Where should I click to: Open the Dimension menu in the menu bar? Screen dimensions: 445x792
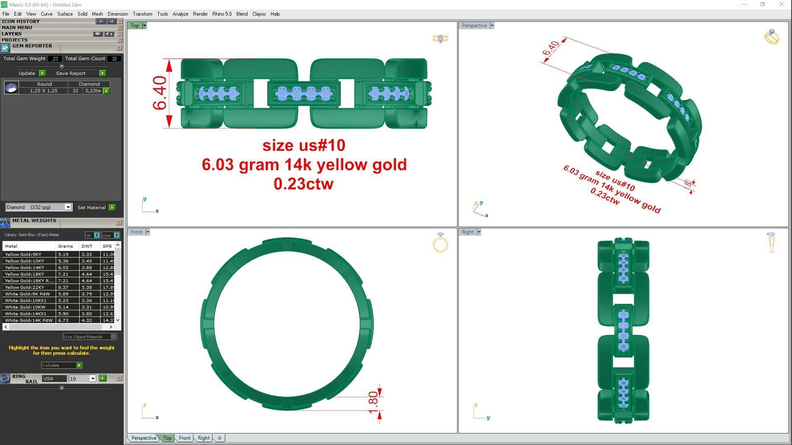coord(118,14)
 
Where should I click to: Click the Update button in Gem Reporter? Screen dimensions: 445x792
coord(27,73)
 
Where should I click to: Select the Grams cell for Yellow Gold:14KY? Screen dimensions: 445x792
coord(64,268)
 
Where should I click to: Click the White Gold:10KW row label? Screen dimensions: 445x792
coord(25,307)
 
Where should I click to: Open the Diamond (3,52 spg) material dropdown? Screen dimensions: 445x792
coord(68,208)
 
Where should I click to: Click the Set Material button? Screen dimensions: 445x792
coord(92,208)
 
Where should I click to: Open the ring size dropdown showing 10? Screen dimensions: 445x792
coord(93,379)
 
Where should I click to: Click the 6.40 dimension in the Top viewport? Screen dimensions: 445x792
coord(160,93)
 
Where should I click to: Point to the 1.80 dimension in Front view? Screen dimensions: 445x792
coord(373,402)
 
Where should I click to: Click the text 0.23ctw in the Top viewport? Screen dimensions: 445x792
coord(303,184)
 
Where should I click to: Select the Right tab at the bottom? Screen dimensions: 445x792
coord(203,438)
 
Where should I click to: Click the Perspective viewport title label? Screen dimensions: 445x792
coord(474,26)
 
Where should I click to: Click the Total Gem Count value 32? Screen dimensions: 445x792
coord(114,59)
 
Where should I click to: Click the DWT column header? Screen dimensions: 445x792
coord(87,246)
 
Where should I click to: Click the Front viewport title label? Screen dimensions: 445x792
coord(136,232)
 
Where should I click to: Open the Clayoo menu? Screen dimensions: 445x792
coord(259,14)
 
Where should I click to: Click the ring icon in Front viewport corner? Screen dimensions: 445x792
coord(440,243)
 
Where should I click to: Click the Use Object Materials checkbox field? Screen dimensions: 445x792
coord(113,337)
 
